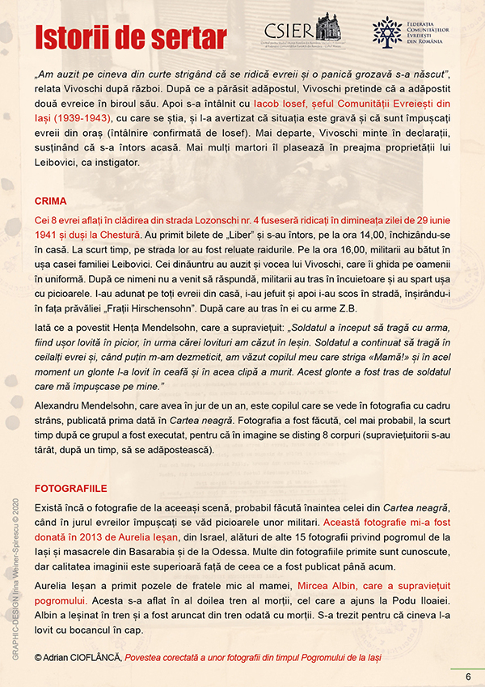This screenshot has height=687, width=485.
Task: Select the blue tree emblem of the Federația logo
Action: click(386, 30)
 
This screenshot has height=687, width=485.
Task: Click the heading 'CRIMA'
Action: click(51, 200)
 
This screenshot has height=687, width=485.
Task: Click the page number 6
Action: click(467, 676)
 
